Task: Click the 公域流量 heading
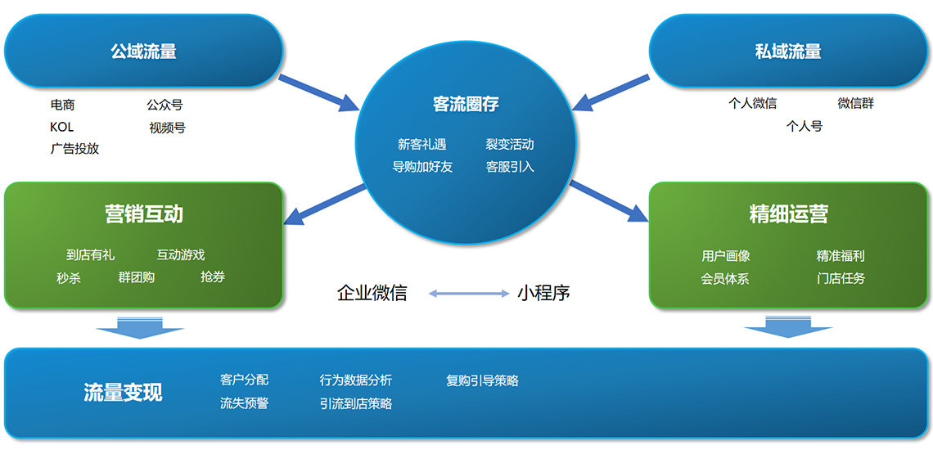pyautogui.click(x=143, y=52)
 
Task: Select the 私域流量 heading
pyautogui.click(x=787, y=52)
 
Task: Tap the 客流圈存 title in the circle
pyautogui.click(x=466, y=104)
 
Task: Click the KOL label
pyautogui.click(x=61, y=127)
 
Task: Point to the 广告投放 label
pyautogui.click(x=74, y=149)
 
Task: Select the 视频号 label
pyautogui.click(x=167, y=128)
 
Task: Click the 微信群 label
pyautogui.click(x=855, y=103)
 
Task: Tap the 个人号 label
pyautogui.click(x=804, y=126)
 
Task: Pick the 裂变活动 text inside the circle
pyautogui.click(x=509, y=145)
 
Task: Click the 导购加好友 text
pyautogui.click(x=422, y=167)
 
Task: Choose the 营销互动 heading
pyautogui.click(x=143, y=214)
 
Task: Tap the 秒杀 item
pyautogui.click(x=69, y=278)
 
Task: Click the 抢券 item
pyautogui.click(x=212, y=277)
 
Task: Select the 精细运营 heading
pyautogui.click(x=787, y=214)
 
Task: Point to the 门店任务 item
pyautogui.click(x=841, y=278)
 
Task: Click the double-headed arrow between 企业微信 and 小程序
pyautogui.click(x=469, y=293)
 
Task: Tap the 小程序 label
pyautogui.click(x=543, y=293)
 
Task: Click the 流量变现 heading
pyautogui.click(x=123, y=393)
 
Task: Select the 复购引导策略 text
pyautogui.click(x=482, y=380)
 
